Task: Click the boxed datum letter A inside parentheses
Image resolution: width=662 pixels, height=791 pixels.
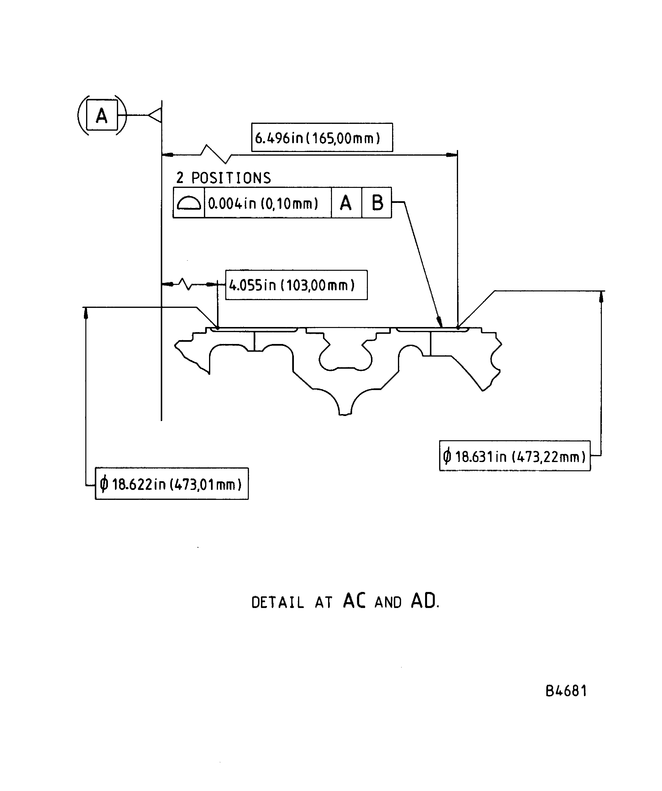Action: (x=102, y=115)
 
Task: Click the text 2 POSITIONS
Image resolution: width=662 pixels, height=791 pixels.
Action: (x=223, y=178)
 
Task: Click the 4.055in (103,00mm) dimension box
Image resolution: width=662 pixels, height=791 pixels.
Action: (x=296, y=285)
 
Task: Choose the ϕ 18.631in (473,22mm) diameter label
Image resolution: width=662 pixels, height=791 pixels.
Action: (x=514, y=456)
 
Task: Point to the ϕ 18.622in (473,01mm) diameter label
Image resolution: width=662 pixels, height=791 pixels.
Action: (x=171, y=484)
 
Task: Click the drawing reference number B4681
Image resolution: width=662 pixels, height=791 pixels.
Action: (x=566, y=691)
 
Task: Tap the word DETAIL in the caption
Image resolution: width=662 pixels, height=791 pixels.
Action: (x=278, y=603)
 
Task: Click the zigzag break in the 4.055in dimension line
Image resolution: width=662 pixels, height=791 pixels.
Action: (x=185, y=284)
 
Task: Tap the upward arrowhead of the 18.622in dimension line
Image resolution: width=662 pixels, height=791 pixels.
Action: (x=86, y=313)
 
